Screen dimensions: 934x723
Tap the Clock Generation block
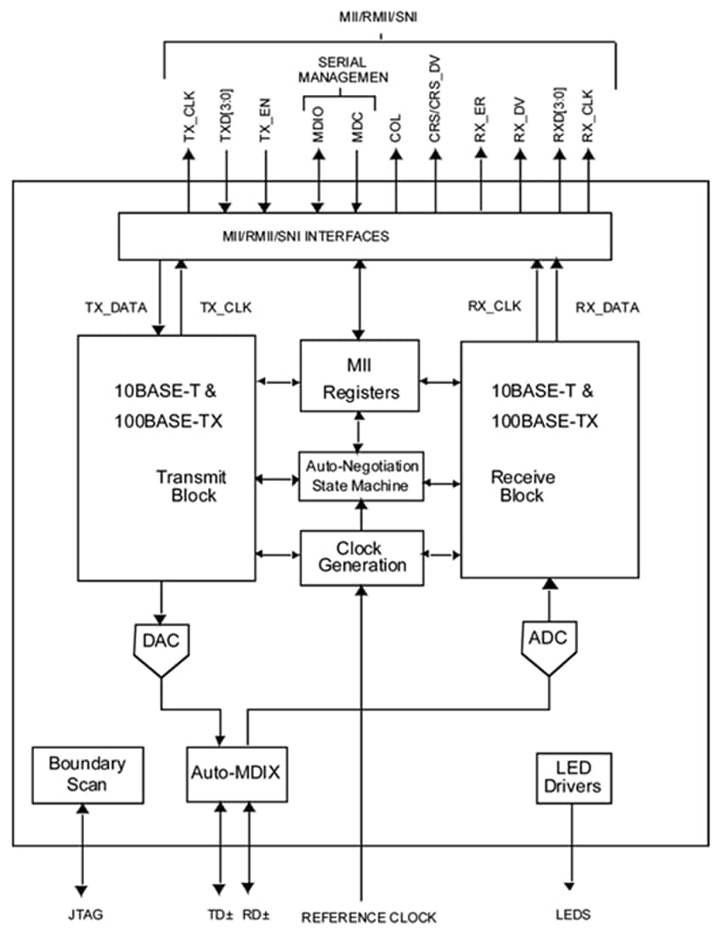(x=361, y=557)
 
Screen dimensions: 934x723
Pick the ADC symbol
(x=548, y=644)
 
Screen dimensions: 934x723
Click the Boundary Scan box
(x=87, y=774)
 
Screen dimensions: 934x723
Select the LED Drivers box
(x=573, y=776)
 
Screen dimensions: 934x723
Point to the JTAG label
(x=82, y=915)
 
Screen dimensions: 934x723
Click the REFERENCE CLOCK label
(x=369, y=917)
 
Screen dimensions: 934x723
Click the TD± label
(x=219, y=915)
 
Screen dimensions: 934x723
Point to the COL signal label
(x=396, y=127)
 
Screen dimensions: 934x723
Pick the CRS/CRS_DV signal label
(x=435, y=111)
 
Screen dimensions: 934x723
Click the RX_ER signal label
(x=481, y=120)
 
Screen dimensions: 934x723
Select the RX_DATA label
(x=607, y=307)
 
